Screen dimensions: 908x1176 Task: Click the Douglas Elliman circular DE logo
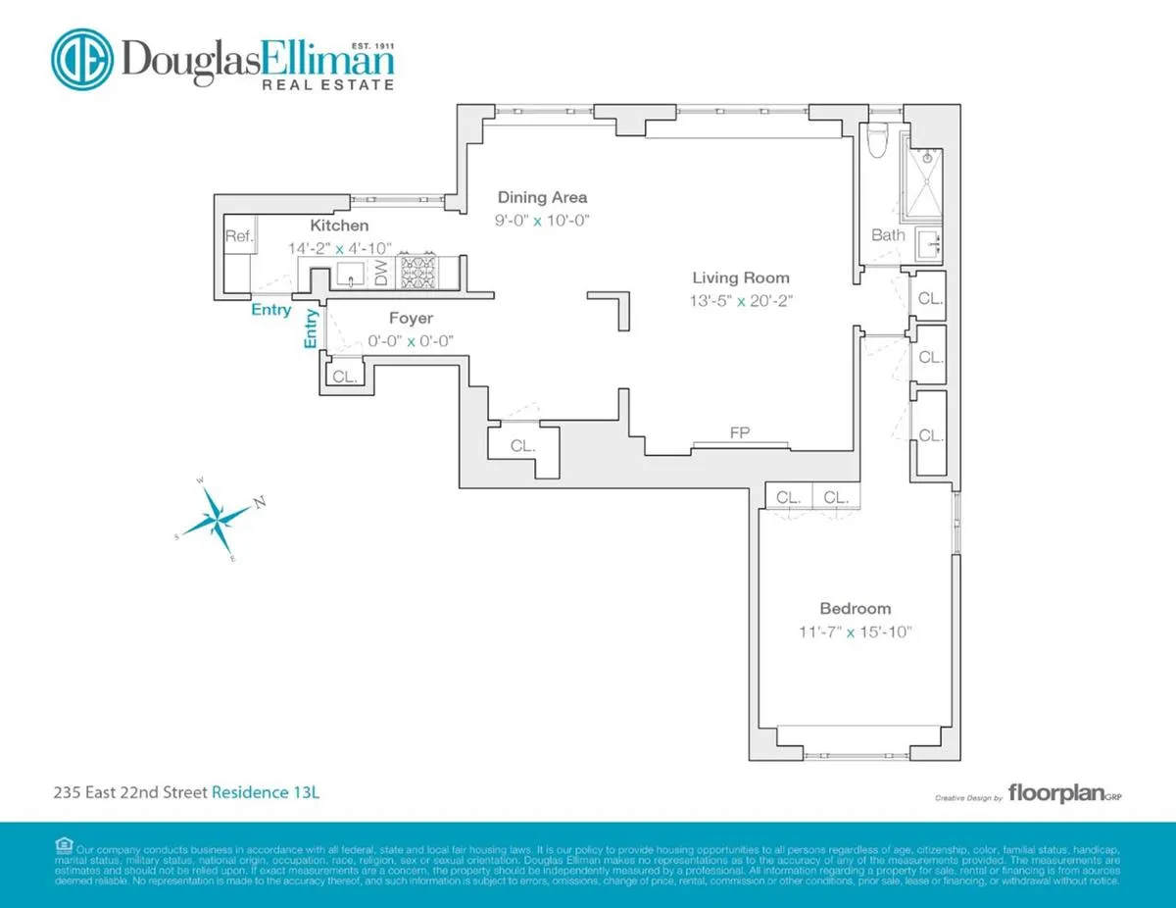82,61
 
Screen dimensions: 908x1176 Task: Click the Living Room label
740,278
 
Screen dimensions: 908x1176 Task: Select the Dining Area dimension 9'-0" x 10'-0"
543,220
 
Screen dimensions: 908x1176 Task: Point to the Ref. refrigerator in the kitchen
239,236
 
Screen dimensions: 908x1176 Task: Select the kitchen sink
351,275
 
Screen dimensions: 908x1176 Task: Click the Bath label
888,235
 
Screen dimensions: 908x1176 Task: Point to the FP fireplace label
740,432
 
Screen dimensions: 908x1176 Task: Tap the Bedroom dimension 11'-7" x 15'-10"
856,631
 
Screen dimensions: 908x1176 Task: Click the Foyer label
411,319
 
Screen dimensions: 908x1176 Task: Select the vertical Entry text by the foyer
312,328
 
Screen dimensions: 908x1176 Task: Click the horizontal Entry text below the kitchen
270,310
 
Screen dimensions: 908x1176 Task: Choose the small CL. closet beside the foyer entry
344,376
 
